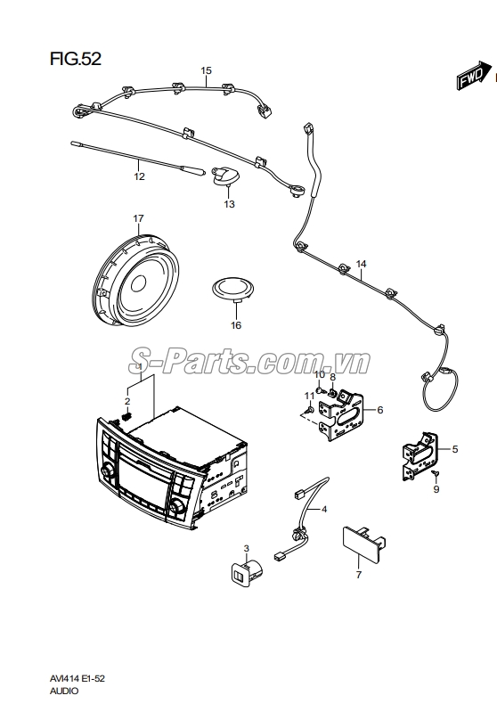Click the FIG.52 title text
76,60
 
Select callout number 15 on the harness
206,70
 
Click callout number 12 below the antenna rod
139,176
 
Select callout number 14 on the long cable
361,264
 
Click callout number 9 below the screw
436,490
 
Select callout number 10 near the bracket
319,374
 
